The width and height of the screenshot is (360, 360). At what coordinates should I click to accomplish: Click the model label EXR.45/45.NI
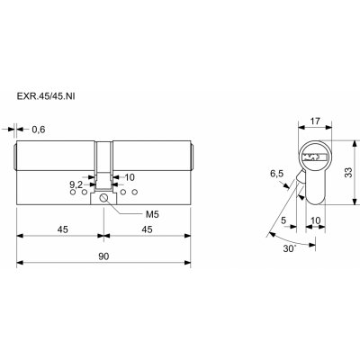pos(46,96)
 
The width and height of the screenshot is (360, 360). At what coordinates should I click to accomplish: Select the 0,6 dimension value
pos(39,130)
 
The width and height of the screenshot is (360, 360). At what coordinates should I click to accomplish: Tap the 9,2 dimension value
pos(76,184)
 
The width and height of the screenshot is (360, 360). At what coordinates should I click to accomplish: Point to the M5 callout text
pos(152,214)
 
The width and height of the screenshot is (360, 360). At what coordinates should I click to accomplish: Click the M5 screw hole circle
pos(103,198)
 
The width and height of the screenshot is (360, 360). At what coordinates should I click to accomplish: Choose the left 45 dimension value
pos(63,229)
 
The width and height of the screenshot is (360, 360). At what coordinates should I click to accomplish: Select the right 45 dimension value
pos(147,229)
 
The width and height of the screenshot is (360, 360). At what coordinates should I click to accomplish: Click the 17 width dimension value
pos(315,121)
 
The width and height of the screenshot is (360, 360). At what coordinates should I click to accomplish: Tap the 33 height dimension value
pos(348,172)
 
